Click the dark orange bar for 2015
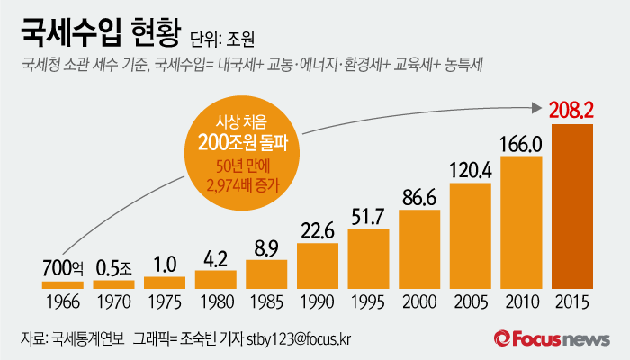[572, 206]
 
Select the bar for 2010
[521, 222]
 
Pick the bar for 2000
[419, 249]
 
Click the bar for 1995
[368, 258]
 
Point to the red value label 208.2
[572, 110]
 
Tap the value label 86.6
[419, 197]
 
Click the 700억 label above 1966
[62, 268]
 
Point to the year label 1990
[317, 299]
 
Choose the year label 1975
[164, 299]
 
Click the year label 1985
[266, 299]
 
